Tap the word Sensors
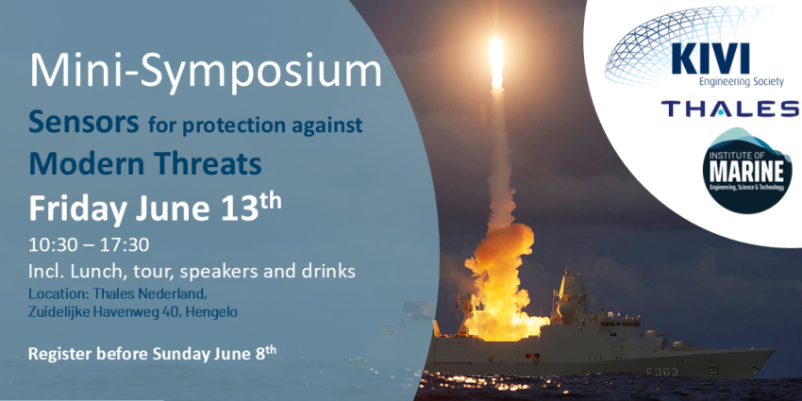click(x=84, y=123)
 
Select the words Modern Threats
click(x=145, y=163)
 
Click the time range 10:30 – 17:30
click(x=89, y=245)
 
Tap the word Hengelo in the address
click(x=211, y=312)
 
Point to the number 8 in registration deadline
click(x=259, y=353)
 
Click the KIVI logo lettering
click(x=712, y=58)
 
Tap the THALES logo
click(x=731, y=109)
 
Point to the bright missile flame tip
click(x=495, y=40)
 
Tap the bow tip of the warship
click(x=773, y=351)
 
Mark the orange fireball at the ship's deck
click(x=499, y=287)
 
